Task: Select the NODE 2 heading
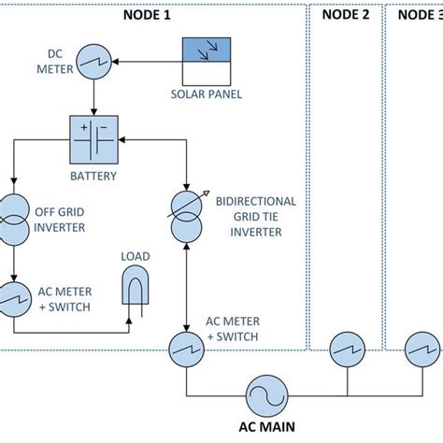click(346, 14)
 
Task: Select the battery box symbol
click(93, 140)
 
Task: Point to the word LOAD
click(136, 255)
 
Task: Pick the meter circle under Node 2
click(346, 351)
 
